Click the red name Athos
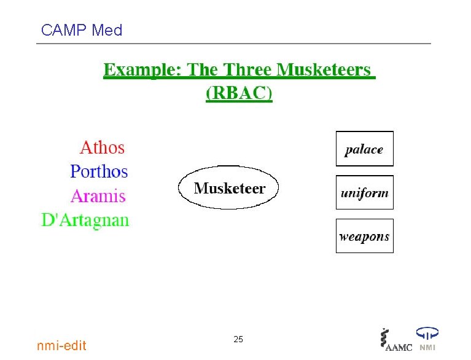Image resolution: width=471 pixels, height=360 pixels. [102, 148]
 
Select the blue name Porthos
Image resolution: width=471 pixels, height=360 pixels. [99, 171]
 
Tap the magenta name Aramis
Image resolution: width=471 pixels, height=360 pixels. [98, 197]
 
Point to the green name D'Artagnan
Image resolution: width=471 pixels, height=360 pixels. [85, 220]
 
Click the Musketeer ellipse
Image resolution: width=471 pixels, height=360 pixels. [228, 188]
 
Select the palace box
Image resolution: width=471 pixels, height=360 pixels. [364, 149]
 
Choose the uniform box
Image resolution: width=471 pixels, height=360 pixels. [364, 192]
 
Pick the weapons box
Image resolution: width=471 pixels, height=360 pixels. [364, 236]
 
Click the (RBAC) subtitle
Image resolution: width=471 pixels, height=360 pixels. [239, 93]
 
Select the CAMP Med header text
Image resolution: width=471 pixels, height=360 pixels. [81, 30]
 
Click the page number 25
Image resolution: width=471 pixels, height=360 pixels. [238, 339]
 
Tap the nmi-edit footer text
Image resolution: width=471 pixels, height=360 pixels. [61, 346]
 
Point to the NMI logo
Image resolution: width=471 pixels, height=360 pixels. [427, 339]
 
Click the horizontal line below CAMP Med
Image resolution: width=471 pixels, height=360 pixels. [233, 44]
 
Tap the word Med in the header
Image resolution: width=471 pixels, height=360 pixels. [107, 30]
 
